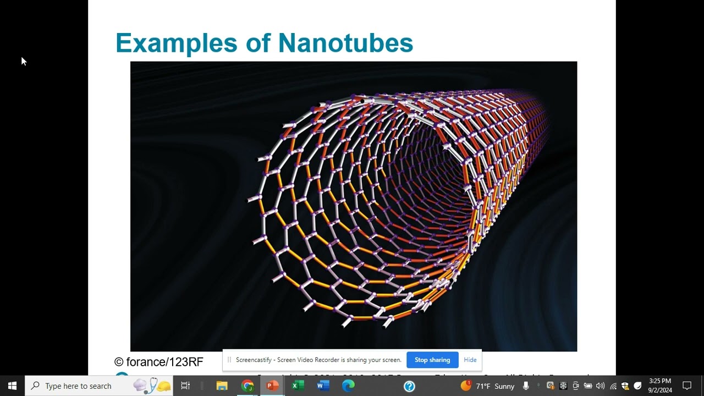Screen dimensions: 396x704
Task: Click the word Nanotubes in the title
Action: coord(345,43)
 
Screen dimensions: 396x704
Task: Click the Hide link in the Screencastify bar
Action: coord(470,360)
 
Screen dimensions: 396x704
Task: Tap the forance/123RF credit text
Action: coord(159,362)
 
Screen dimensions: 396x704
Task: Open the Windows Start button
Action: coord(12,386)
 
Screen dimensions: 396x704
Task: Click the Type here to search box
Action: coord(78,386)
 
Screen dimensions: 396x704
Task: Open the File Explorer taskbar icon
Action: coord(222,386)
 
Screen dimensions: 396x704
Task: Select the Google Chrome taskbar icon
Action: coord(248,386)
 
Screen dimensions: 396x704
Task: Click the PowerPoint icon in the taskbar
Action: coord(272,386)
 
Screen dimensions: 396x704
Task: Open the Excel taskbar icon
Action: coord(298,386)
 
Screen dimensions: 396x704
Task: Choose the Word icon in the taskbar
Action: coord(323,386)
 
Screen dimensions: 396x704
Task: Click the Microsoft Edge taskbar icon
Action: coord(348,386)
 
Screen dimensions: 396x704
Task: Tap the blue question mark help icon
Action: coord(409,386)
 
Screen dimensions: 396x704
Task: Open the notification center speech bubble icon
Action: coord(687,386)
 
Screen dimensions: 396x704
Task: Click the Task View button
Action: coord(185,386)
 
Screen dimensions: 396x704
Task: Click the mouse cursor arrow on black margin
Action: coord(24,61)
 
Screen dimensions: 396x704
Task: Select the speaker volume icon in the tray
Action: coord(600,386)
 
